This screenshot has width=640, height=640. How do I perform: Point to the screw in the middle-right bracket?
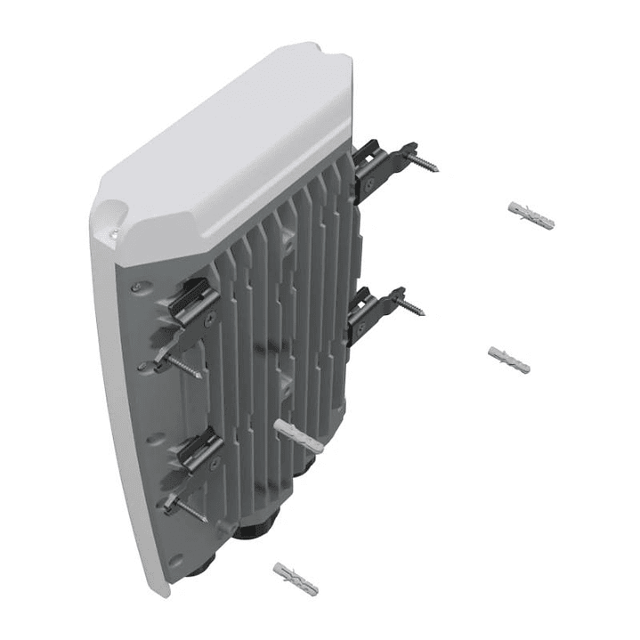click(x=409, y=307)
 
